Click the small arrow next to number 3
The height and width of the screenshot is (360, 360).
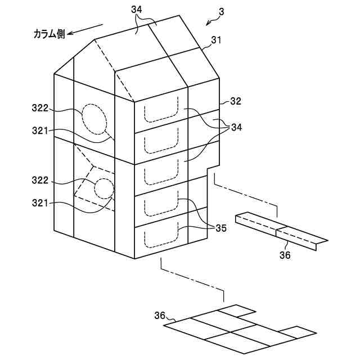[211, 21]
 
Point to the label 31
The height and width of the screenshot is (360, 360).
[217, 40]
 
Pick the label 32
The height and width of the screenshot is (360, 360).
[236, 102]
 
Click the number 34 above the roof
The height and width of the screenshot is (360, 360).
[137, 10]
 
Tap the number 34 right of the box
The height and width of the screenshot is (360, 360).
[236, 128]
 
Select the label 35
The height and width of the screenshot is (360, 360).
[221, 228]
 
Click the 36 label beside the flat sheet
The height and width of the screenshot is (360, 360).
[160, 316]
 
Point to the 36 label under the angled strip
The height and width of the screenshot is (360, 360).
[286, 255]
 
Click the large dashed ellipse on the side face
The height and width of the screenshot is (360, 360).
[94, 119]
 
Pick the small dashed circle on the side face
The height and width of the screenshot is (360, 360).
[104, 188]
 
